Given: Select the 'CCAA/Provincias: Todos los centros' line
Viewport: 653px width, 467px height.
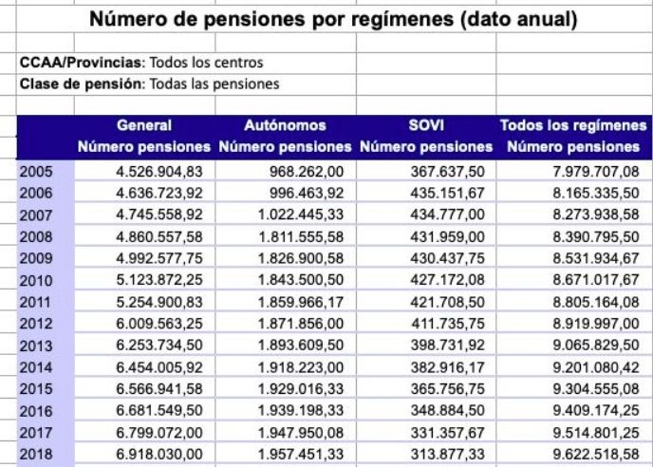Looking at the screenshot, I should [x=141, y=64].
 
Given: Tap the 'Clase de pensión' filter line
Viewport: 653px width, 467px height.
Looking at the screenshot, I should [x=149, y=84].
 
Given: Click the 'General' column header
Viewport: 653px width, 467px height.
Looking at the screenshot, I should [x=143, y=125].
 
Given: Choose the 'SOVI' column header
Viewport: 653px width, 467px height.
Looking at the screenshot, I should [x=426, y=125].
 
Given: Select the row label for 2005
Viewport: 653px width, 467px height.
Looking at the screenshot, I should [x=35, y=172].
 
